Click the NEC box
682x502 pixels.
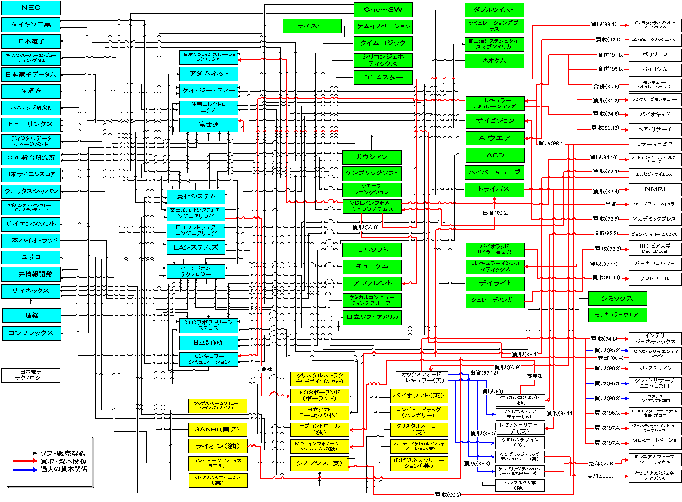[x=31, y=8]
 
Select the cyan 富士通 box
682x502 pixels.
[x=209, y=125]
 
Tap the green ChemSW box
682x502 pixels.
[x=383, y=10]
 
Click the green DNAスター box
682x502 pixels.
[x=383, y=78]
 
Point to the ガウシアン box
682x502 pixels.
[x=371, y=157]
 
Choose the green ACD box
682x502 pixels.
[x=495, y=156]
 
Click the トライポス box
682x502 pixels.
[x=494, y=189]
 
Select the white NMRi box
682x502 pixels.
[x=655, y=189]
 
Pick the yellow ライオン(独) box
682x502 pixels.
[x=217, y=446]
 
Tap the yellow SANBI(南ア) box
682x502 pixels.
[x=217, y=429]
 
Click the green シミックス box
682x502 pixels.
[x=617, y=299]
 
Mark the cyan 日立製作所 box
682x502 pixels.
[x=208, y=343]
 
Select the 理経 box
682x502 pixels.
[x=32, y=316]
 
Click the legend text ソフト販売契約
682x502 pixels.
[x=63, y=453]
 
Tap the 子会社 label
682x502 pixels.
[x=264, y=369]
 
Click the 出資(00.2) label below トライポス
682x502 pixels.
[x=495, y=213]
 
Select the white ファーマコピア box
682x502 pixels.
[x=655, y=144]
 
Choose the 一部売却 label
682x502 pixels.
[x=532, y=376]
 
